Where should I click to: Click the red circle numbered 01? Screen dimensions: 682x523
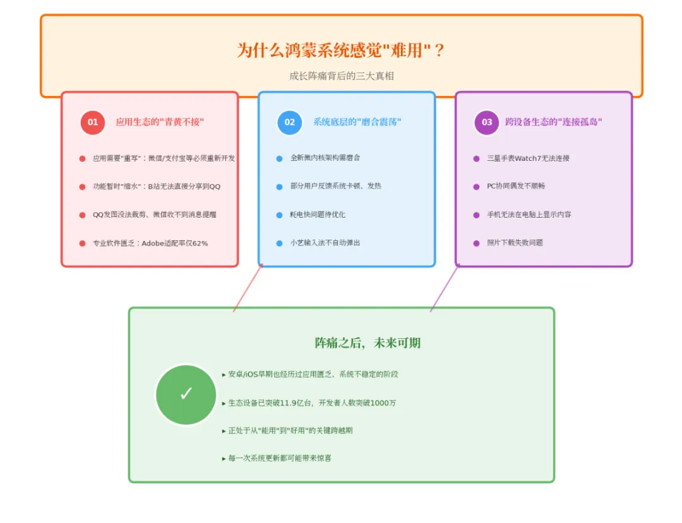[x=93, y=122]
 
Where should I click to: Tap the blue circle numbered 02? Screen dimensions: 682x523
[x=290, y=122]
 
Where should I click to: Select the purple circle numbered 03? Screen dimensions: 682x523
[x=487, y=122]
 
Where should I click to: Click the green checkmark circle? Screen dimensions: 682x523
[x=186, y=394]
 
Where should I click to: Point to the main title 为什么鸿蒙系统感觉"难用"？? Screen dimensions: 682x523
[x=341, y=50]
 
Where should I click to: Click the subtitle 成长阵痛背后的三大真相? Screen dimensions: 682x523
[x=341, y=76]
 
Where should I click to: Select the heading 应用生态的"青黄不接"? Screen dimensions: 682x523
[x=160, y=122]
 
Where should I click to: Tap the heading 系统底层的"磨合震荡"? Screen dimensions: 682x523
[x=357, y=122]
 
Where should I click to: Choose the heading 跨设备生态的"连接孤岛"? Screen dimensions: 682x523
[x=554, y=122]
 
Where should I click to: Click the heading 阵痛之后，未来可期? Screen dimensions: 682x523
[x=368, y=343]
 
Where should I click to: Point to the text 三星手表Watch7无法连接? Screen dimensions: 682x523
[x=528, y=158]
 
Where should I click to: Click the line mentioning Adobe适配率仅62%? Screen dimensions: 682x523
[x=150, y=243]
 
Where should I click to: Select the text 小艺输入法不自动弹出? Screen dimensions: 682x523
[x=325, y=243]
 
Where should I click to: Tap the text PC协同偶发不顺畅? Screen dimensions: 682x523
[x=516, y=186]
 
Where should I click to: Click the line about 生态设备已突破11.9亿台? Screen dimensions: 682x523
[x=312, y=403]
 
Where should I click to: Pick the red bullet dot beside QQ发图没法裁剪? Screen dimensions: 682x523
[x=82, y=215]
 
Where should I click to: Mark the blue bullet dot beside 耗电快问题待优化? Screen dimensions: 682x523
[x=279, y=215]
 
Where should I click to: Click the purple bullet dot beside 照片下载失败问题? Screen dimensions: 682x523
[x=476, y=243]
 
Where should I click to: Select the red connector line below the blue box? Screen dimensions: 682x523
[x=248, y=288]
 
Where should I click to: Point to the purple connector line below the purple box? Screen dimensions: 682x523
[x=445, y=288]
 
